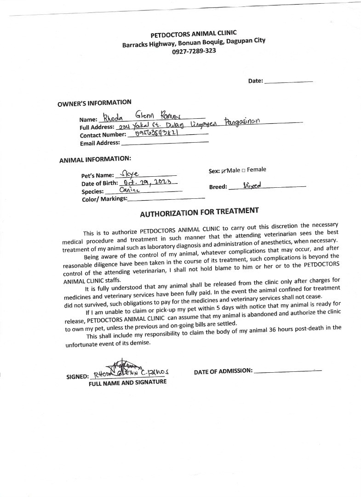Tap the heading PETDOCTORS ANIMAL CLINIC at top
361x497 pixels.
194,34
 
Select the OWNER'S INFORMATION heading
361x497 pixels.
94,103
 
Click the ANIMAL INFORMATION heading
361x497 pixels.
95,159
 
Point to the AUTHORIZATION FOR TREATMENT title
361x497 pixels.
199,212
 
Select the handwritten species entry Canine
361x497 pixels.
129,189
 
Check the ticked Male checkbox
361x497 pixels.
224,171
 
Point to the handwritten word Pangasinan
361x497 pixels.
242,121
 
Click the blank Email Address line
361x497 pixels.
165,143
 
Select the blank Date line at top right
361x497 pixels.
289,81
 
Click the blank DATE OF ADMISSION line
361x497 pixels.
287,370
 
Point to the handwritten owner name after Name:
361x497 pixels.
137,116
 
